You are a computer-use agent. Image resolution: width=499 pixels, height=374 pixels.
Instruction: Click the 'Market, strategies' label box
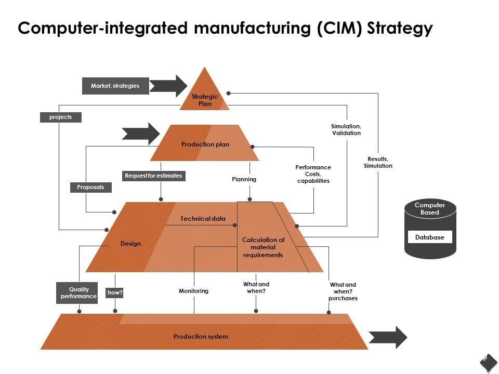tap(115, 86)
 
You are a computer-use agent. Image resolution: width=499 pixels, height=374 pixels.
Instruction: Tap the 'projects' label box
tap(61, 117)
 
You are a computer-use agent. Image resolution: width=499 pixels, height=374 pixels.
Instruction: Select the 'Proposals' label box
tap(90, 188)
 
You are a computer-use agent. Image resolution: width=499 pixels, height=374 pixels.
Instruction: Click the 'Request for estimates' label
tap(153, 176)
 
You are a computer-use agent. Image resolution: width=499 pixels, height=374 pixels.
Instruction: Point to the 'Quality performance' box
tap(78, 293)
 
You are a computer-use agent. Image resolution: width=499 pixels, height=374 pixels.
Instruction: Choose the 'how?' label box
tap(115, 293)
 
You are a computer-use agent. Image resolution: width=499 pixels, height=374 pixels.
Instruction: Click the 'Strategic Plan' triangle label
tap(205, 100)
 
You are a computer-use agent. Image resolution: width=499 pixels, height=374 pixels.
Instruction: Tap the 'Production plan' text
tap(205, 144)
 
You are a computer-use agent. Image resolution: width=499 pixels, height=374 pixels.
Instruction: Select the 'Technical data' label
tap(203, 219)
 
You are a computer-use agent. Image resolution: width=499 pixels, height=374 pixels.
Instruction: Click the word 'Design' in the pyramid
tap(130, 244)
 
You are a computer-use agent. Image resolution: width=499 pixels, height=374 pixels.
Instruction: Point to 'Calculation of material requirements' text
tap(263, 247)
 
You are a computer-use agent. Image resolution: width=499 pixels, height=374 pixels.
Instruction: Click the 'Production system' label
tap(201, 337)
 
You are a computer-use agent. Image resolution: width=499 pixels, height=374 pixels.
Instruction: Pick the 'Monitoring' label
tap(193, 291)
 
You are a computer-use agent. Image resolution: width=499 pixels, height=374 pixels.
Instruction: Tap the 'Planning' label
tap(244, 179)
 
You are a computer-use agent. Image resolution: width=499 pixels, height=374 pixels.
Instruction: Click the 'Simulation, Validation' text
tap(346, 130)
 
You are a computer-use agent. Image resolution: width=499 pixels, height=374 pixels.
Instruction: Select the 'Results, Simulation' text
tap(378, 162)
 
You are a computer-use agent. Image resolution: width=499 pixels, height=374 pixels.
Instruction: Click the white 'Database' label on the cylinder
tap(430, 237)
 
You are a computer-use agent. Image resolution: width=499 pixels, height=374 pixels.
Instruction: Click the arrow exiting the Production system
tap(388, 337)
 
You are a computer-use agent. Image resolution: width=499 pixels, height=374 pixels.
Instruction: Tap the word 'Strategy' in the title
tap(400, 28)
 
